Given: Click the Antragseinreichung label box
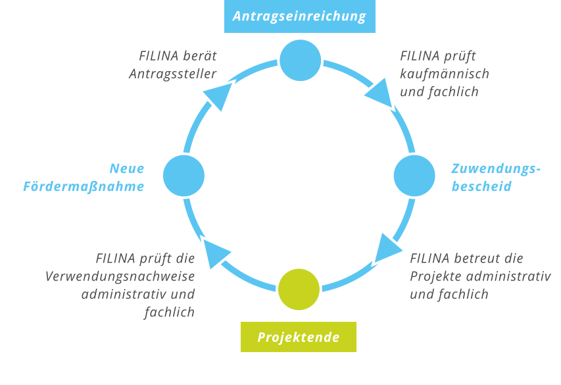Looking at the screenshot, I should (299, 16).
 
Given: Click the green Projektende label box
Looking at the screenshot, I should (299, 337).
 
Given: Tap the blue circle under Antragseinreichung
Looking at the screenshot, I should (300, 60).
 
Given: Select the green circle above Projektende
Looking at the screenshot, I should (299, 289).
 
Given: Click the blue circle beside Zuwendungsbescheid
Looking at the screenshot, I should (414, 175).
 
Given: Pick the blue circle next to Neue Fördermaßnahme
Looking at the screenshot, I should (183, 176).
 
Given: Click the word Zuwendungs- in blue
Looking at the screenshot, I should (496, 168).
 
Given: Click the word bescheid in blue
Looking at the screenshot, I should (481, 187).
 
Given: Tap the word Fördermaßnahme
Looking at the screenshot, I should (84, 187).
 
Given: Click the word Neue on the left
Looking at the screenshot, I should (126, 168).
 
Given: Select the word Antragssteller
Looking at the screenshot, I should (172, 74).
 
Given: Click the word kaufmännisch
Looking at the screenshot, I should (445, 74).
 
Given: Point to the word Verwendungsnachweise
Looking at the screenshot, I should (120, 276).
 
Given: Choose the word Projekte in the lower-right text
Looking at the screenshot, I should (435, 276).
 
